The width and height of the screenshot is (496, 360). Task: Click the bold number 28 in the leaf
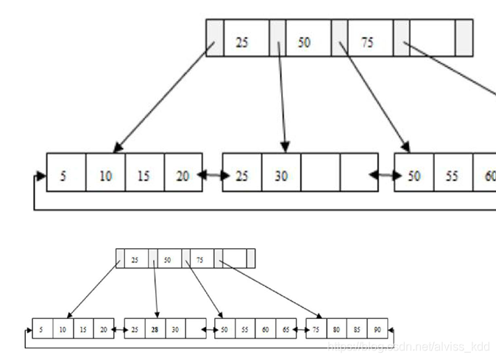[155, 329]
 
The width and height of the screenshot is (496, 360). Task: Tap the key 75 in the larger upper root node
[366, 42]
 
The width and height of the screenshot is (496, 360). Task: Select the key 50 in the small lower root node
[167, 260]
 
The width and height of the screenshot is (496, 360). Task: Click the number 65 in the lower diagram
[286, 329]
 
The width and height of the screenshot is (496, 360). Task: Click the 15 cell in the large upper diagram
[144, 177]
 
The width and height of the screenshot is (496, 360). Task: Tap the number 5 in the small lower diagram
[42, 329]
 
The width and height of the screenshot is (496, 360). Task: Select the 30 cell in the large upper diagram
[281, 177]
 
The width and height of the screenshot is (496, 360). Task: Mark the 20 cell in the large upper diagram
[183, 177]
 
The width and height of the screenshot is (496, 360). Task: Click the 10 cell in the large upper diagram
[106, 177]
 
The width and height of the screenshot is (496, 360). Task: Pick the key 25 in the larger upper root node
[241, 42]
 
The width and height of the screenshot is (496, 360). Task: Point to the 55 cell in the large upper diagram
[453, 177]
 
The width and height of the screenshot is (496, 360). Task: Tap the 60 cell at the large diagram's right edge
[487, 177]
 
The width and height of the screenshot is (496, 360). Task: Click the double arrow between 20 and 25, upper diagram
[212, 174]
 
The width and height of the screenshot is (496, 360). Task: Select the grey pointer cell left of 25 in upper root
[213, 38]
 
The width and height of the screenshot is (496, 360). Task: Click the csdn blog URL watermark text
[408, 345]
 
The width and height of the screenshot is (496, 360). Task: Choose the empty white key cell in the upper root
[432, 38]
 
